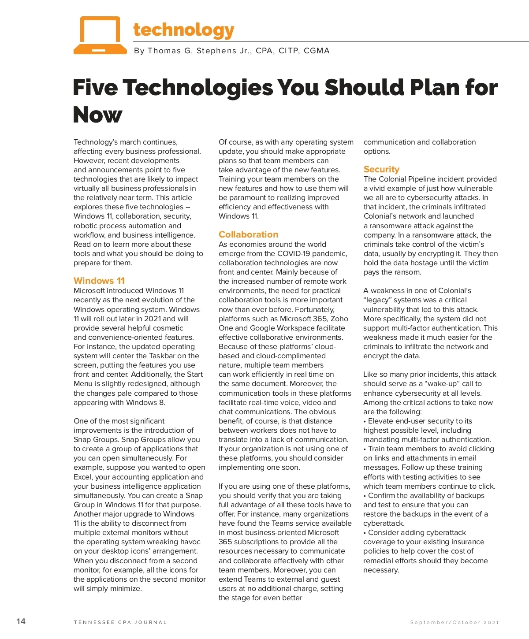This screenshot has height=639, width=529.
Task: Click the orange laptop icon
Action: [x=100, y=35]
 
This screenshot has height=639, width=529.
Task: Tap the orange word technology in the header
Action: [x=183, y=30]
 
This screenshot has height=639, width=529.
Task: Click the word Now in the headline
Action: [x=97, y=115]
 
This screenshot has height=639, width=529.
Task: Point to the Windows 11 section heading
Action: [x=99, y=281]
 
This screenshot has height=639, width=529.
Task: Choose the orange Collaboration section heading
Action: [x=248, y=234]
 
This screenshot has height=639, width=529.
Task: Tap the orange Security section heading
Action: [x=381, y=169]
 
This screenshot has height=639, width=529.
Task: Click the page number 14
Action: [x=21, y=621]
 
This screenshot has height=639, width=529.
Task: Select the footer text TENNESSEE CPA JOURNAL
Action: [x=120, y=622]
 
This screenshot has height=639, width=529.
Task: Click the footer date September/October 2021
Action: [x=454, y=622]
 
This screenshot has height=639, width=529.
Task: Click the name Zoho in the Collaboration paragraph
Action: [x=339, y=319]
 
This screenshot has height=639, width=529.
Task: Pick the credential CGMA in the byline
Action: [x=317, y=51]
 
